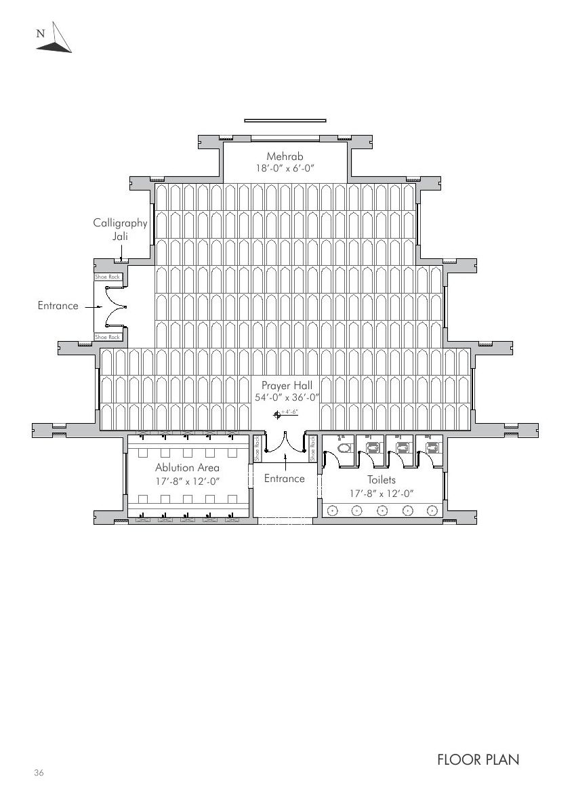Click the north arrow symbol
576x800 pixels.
click(x=54, y=39)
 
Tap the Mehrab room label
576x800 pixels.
click(x=285, y=157)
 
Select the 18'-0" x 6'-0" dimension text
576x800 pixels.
click(x=285, y=168)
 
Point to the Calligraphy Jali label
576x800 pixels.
click(x=120, y=229)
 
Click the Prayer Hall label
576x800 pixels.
click(x=287, y=386)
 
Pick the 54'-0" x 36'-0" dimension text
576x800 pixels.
click(x=287, y=398)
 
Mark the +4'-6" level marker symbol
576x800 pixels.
click(x=276, y=414)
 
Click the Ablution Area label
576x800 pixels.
click(x=187, y=468)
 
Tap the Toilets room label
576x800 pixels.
click(x=382, y=480)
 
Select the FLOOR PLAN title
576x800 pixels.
click(x=478, y=760)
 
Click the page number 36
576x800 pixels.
click(x=39, y=774)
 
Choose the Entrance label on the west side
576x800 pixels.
click(x=58, y=306)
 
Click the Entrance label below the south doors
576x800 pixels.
click(x=284, y=479)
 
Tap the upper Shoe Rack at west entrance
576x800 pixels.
click(x=107, y=277)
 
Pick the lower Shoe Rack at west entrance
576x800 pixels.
click(x=107, y=337)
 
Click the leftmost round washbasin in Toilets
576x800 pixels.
click(x=333, y=511)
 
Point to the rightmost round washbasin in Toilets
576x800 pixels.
click(x=431, y=511)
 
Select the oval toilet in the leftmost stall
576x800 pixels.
click(x=344, y=448)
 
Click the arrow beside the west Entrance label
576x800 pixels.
click(x=94, y=306)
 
